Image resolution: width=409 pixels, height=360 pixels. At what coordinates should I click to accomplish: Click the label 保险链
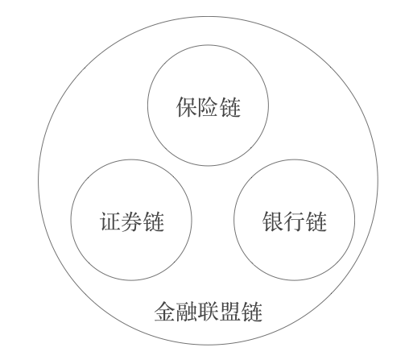pyautogui.click(x=209, y=107)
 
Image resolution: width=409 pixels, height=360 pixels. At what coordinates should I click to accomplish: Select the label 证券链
pyautogui.click(x=132, y=221)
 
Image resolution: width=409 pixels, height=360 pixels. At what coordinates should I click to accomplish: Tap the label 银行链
pyautogui.click(x=295, y=221)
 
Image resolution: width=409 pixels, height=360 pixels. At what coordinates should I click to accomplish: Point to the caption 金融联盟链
pyautogui.click(x=209, y=312)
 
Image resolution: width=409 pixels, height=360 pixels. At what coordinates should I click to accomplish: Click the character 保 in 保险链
pyautogui.click(x=187, y=107)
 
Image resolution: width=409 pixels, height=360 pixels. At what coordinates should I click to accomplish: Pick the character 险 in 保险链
pyautogui.click(x=209, y=107)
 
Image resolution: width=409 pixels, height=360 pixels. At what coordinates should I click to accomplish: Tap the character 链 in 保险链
pyautogui.click(x=230, y=107)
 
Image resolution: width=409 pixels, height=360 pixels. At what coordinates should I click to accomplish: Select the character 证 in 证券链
pyautogui.click(x=110, y=221)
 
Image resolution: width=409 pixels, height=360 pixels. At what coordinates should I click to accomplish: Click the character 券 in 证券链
pyautogui.click(x=132, y=221)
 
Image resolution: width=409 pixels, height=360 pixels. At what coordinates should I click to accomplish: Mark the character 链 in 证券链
pyautogui.click(x=154, y=221)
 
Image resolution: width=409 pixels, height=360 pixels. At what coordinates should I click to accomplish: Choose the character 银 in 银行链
pyautogui.click(x=273, y=221)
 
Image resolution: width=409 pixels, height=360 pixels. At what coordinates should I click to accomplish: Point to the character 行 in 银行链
pyautogui.click(x=295, y=221)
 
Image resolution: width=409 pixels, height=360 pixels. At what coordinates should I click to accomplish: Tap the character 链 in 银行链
pyautogui.click(x=316, y=221)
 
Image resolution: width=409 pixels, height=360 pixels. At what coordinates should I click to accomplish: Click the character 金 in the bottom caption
pyautogui.click(x=165, y=312)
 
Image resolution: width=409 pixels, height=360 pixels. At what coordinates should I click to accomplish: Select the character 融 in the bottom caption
pyautogui.click(x=187, y=312)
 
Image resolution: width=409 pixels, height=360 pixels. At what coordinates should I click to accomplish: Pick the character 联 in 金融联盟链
pyautogui.click(x=209, y=312)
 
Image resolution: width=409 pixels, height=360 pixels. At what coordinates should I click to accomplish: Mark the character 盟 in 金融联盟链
pyautogui.click(x=230, y=312)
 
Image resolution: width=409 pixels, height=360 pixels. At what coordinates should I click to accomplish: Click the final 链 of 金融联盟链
pyautogui.click(x=252, y=312)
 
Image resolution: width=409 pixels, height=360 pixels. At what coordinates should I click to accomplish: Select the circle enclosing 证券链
pyautogui.click(x=71, y=220)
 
